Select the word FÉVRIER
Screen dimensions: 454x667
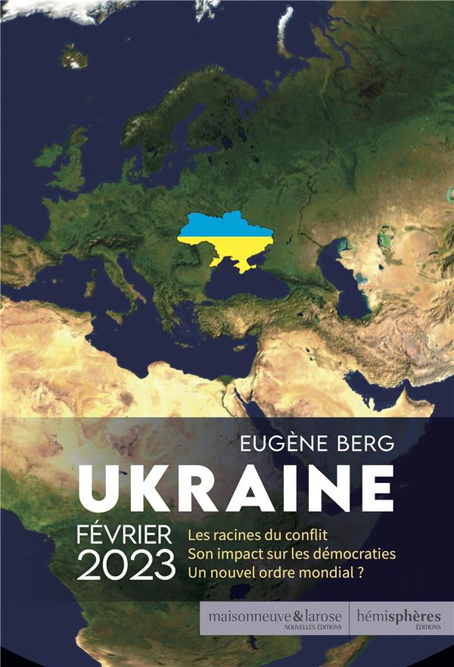pos(129,534)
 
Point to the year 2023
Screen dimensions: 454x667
pos(126,566)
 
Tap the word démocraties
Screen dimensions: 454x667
pos(358,554)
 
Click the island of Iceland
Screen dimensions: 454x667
pos(73,56)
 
